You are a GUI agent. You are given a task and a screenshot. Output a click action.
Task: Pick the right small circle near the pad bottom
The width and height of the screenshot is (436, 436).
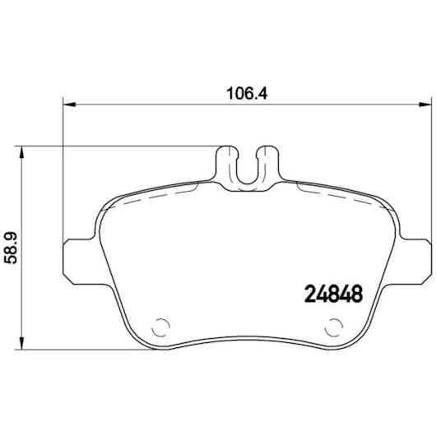[x=332, y=326]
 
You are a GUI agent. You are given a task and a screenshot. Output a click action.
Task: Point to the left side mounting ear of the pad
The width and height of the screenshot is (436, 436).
[x=78, y=260]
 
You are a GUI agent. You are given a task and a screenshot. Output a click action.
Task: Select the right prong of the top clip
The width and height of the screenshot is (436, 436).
[x=268, y=160]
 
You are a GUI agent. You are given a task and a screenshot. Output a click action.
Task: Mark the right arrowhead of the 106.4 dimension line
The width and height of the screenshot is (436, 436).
[x=424, y=104]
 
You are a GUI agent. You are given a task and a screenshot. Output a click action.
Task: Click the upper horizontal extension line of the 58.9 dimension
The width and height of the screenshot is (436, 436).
[x=123, y=146]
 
